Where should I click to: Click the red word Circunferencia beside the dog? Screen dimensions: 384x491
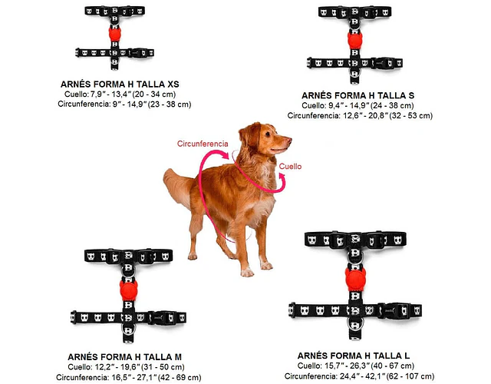(x=203, y=144)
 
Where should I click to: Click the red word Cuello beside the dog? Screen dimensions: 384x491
(x=290, y=166)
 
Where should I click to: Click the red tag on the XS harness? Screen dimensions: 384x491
(x=114, y=35)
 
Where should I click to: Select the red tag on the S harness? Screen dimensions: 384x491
(x=354, y=40)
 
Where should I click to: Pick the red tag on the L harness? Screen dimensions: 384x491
(x=355, y=278)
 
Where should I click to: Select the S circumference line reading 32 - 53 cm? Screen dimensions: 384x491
(x=360, y=116)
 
